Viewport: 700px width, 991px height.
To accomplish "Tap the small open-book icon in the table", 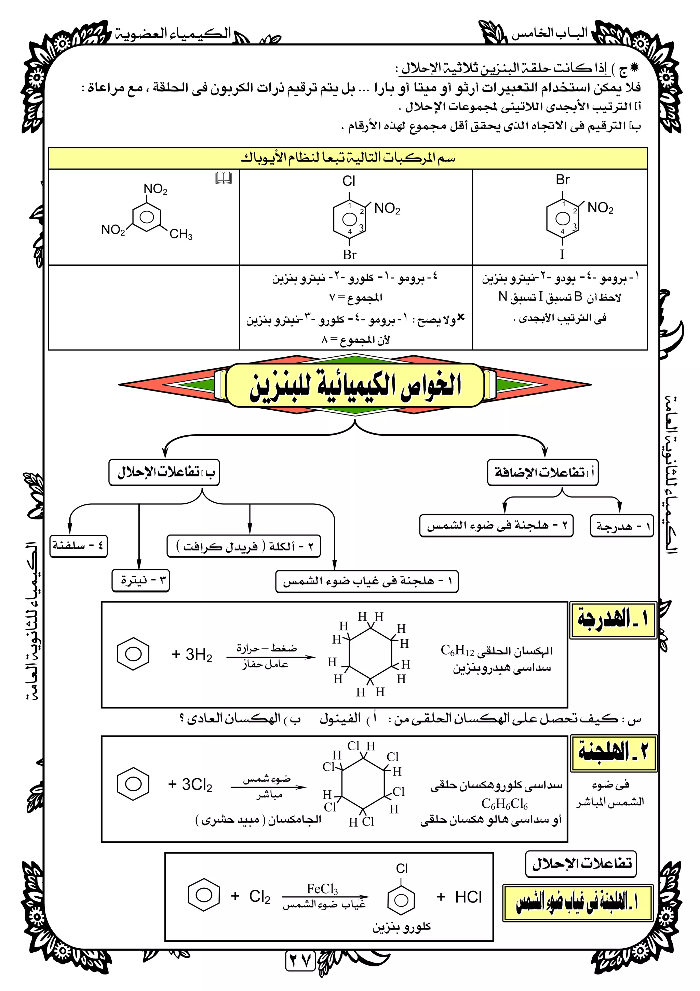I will click(x=224, y=177).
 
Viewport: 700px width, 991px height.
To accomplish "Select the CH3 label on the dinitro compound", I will click(x=181, y=234).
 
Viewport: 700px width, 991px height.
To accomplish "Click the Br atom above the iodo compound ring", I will click(x=562, y=180).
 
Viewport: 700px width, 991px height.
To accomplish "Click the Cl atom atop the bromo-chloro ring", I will click(x=349, y=181).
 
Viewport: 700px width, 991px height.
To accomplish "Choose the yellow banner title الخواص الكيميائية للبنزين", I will click(x=354, y=385).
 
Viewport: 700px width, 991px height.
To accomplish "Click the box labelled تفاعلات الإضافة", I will click(x=542, y=473).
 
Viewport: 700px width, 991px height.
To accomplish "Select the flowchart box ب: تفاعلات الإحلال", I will click(x=164, y=473).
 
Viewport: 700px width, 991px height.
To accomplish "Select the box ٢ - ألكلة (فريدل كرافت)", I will click(x=244, y=547).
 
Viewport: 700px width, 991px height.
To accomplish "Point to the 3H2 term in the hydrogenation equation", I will click(x=192, y=655).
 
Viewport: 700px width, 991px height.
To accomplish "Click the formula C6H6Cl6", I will click(x=504, y=804).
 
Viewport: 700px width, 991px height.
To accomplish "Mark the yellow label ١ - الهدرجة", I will click(x=613, y=620).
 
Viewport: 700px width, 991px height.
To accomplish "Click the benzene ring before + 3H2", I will click(x=133, y=654).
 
